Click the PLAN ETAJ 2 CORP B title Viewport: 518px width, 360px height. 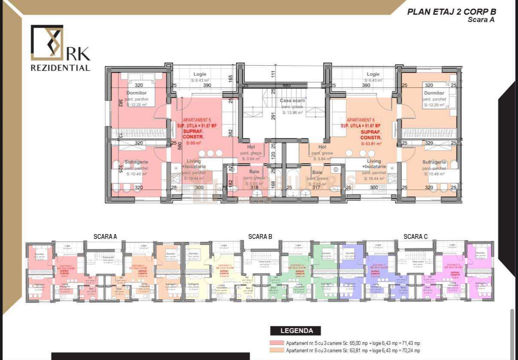pos(451,12)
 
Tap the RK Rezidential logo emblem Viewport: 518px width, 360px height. pos(47,43)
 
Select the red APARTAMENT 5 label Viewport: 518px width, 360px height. pos(197,120)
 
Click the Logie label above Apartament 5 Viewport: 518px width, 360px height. pos(200,74)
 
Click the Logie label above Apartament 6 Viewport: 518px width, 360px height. pos(373,74)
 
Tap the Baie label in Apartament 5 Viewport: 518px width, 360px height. pos(254,172)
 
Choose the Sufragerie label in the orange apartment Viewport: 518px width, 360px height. pos(434,162)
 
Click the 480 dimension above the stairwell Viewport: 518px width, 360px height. pos(287,85)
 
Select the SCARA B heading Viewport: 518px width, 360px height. pos(260,237)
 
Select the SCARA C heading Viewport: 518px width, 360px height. pos(415,237)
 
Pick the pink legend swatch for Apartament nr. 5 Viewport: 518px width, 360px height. pos(277,343)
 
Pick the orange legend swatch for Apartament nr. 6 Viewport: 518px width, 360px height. pos(277,351)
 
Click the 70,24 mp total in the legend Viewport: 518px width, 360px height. pos(408,351)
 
